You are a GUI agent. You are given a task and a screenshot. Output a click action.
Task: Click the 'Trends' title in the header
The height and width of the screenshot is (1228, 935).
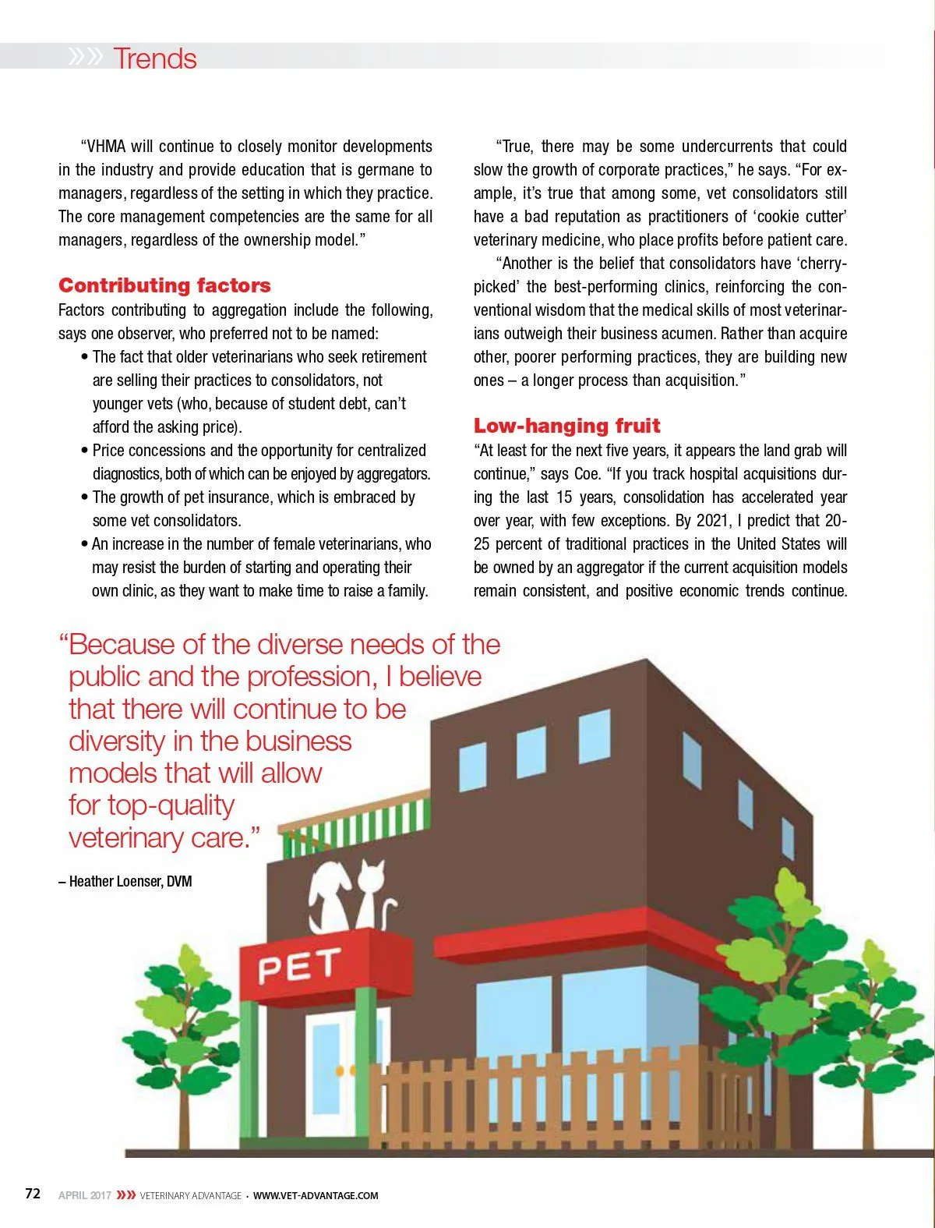click(x=154, y=58)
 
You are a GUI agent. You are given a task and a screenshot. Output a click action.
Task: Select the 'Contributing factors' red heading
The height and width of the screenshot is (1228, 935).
click(x=164, y=285)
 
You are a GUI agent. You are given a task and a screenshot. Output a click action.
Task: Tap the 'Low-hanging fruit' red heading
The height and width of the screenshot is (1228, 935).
click(x=566, y=426)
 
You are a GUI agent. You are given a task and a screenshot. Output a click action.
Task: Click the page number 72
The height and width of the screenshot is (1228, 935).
click(x=33, y=1194)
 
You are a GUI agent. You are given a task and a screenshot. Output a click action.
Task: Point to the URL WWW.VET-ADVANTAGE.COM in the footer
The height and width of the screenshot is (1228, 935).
click(x=316, y=1195)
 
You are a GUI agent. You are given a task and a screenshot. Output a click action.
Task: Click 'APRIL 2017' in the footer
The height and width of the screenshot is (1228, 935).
click(x=84, y=1195)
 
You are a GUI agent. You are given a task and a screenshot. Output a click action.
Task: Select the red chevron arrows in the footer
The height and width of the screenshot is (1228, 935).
click(x=125, y=1195)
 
